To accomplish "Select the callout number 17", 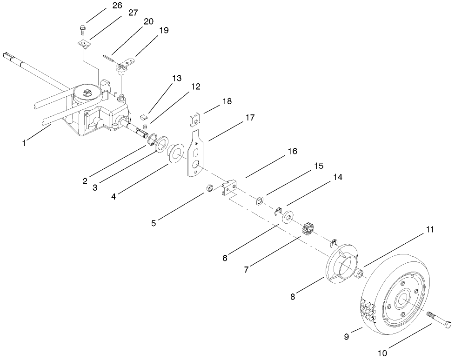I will tap(250, 118).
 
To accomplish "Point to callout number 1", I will tap(24, 143).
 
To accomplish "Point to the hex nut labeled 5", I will tap(209, 188).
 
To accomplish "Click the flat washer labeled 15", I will tap(260, 201).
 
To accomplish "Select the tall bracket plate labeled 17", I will tap(197, 153).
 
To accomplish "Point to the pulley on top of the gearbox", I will tap(87, 93).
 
